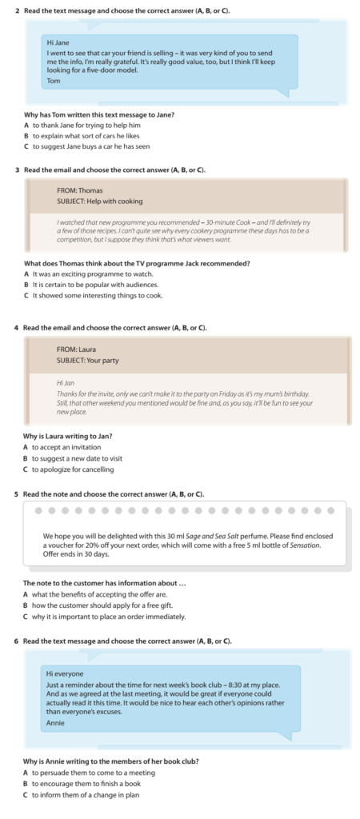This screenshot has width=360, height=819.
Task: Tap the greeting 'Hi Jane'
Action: (x=58, y=42)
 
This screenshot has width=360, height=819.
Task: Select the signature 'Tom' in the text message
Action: (x=53, y=81)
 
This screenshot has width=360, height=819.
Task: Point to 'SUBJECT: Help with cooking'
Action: (x=99, y=202)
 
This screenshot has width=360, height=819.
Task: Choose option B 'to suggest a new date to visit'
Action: (x=77, y=458)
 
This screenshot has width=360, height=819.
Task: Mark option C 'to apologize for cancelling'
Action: (x=73, y=469)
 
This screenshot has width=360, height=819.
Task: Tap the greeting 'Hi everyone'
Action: (x=65, y=674)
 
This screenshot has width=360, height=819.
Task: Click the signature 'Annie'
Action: (x=56, y=723)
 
